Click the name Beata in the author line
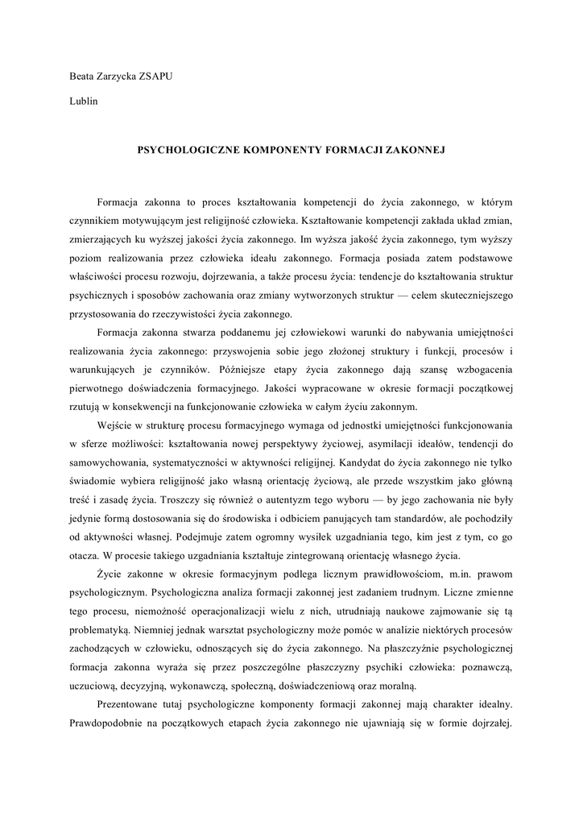click(84, 77)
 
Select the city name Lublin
click(84, 103)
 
